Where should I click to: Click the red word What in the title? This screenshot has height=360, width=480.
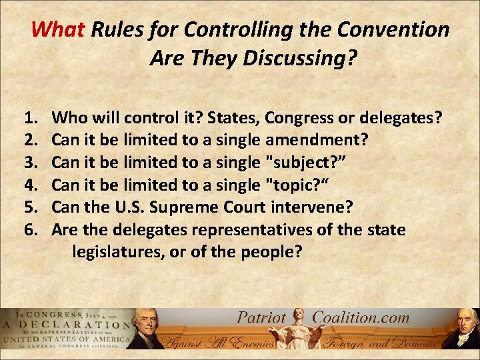(59, 30)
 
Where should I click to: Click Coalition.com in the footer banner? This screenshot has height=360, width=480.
(360, 318)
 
